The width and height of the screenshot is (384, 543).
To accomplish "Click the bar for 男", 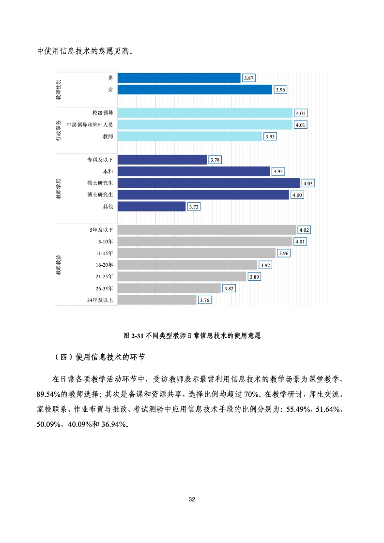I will pos(179,78).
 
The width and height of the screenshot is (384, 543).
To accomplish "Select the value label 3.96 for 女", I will pos(280,90).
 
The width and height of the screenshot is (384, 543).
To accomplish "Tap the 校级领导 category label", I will pos(103,113).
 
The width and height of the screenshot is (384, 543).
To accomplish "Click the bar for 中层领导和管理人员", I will pos(205,125).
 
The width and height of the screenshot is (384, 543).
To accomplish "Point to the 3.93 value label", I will pos(270,137).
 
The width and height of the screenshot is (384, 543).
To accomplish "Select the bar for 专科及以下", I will pos(162,160).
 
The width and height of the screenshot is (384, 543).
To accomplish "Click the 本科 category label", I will pos(108,171).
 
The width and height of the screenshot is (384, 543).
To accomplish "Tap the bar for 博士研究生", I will pos(203,195).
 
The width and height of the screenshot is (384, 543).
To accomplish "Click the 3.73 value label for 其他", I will pos(194,207).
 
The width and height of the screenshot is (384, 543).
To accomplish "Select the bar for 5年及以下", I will pos(207,230).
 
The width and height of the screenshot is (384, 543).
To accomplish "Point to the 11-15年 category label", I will pos(104,253).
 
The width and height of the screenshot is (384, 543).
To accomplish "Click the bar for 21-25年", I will pos(182,276).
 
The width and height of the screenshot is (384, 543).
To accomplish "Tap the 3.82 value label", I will pos(229,288).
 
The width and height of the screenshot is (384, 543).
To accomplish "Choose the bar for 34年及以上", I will pos(157,300).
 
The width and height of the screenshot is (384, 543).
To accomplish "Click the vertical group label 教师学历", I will pos(58,188).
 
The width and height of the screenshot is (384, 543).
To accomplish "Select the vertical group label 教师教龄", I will pos(58,264).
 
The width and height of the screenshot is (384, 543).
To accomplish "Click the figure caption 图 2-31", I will pos(192,335).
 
